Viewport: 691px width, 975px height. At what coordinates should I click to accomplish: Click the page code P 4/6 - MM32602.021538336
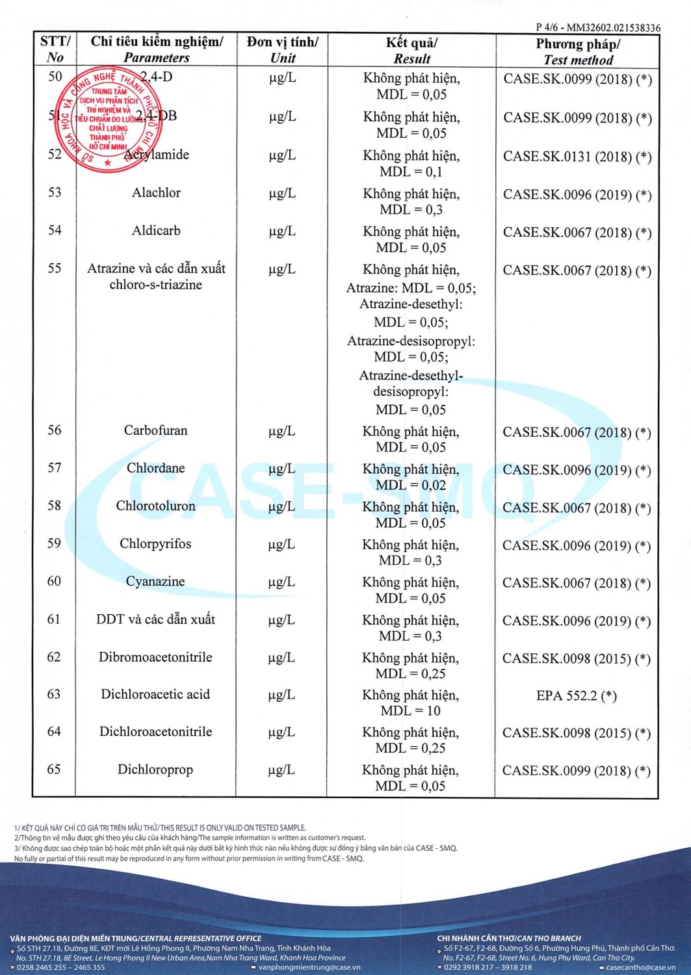597,28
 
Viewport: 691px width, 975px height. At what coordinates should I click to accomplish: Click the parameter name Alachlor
156,193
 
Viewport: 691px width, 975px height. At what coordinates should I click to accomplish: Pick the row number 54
55,231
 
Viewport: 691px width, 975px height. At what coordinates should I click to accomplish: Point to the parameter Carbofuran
155,430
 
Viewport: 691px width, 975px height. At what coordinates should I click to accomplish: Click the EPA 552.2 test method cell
576,696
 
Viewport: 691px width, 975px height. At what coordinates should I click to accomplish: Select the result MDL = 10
410,711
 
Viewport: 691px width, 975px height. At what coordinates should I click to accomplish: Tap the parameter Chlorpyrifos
155,544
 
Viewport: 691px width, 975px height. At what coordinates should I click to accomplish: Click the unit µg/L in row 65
281,770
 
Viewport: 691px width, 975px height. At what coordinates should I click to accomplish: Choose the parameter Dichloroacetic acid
155,695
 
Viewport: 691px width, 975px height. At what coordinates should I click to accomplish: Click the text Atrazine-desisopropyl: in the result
411,341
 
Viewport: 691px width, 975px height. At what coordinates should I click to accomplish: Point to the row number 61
54,619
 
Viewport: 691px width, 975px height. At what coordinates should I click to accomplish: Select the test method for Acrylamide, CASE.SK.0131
577,157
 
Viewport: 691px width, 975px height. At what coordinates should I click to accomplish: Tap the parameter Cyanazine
155,582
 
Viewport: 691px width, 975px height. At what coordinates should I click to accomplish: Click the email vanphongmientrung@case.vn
309,967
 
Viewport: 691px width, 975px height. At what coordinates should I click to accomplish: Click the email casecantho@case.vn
640,967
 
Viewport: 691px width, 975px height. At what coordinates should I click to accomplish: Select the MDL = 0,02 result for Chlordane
411,486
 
